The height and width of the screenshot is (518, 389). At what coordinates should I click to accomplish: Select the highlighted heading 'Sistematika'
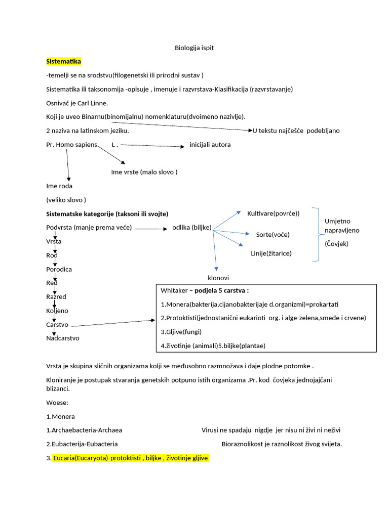63,61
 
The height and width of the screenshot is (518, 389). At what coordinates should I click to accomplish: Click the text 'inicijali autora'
210,145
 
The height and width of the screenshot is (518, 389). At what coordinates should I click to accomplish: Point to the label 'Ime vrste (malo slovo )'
144,172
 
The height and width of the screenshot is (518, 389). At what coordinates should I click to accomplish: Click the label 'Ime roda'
59,186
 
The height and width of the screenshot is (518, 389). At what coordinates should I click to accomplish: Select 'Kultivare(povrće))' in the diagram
273,213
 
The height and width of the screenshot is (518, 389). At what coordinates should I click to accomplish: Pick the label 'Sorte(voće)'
273,235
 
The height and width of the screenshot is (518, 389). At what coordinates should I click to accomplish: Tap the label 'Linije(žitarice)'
271,253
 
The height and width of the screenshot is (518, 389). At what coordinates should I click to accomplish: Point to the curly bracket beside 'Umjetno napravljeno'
316,234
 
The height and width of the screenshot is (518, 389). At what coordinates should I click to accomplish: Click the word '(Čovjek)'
336,244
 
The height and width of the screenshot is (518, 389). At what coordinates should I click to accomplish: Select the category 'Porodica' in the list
59,269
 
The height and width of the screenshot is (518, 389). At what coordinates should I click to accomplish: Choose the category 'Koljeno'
57,311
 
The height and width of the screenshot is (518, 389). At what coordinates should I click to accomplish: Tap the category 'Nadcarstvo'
62,338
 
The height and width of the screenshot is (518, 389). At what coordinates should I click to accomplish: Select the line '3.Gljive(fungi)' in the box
181,332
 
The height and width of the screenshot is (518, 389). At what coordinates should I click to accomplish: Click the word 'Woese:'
57,403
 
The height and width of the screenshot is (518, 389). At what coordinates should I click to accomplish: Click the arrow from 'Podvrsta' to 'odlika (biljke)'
151,229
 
